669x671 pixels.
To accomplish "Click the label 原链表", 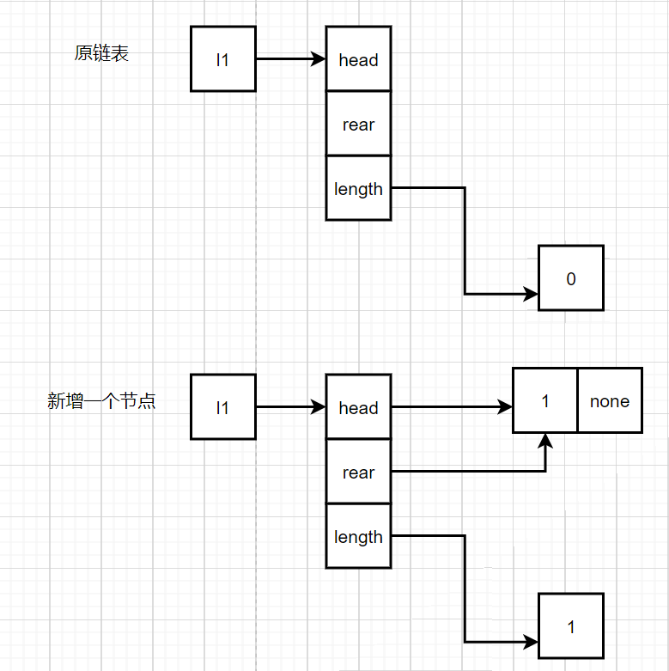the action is (101, 53).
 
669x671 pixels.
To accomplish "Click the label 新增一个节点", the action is (101, 401).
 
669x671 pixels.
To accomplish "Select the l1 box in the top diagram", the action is (223, 58).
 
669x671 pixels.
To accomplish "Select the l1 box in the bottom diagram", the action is (223, 406).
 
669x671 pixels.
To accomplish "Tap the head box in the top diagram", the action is (358, 58).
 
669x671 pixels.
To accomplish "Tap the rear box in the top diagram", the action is (358, 124).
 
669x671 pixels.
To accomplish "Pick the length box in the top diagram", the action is (358, 188).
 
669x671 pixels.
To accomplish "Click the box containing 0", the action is (571, 278).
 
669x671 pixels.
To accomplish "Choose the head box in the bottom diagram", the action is (358, 406).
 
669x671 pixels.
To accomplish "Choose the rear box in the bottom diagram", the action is (358, 472).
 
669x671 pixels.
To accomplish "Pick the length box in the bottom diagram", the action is (358, 536).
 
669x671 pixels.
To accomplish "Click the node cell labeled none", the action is (610, 400).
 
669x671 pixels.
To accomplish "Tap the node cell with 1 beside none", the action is (545, 400).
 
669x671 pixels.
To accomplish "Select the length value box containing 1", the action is (571, 625).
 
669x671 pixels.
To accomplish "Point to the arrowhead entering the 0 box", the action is (532, 294).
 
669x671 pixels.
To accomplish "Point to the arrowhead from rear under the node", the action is (545, 441).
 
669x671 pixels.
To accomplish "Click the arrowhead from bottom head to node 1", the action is (505, 406).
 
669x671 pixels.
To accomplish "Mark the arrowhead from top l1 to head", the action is (319, 58).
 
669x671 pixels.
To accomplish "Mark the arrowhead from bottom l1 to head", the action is (319, 406).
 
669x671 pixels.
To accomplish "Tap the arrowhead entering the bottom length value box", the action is (532, 642).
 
